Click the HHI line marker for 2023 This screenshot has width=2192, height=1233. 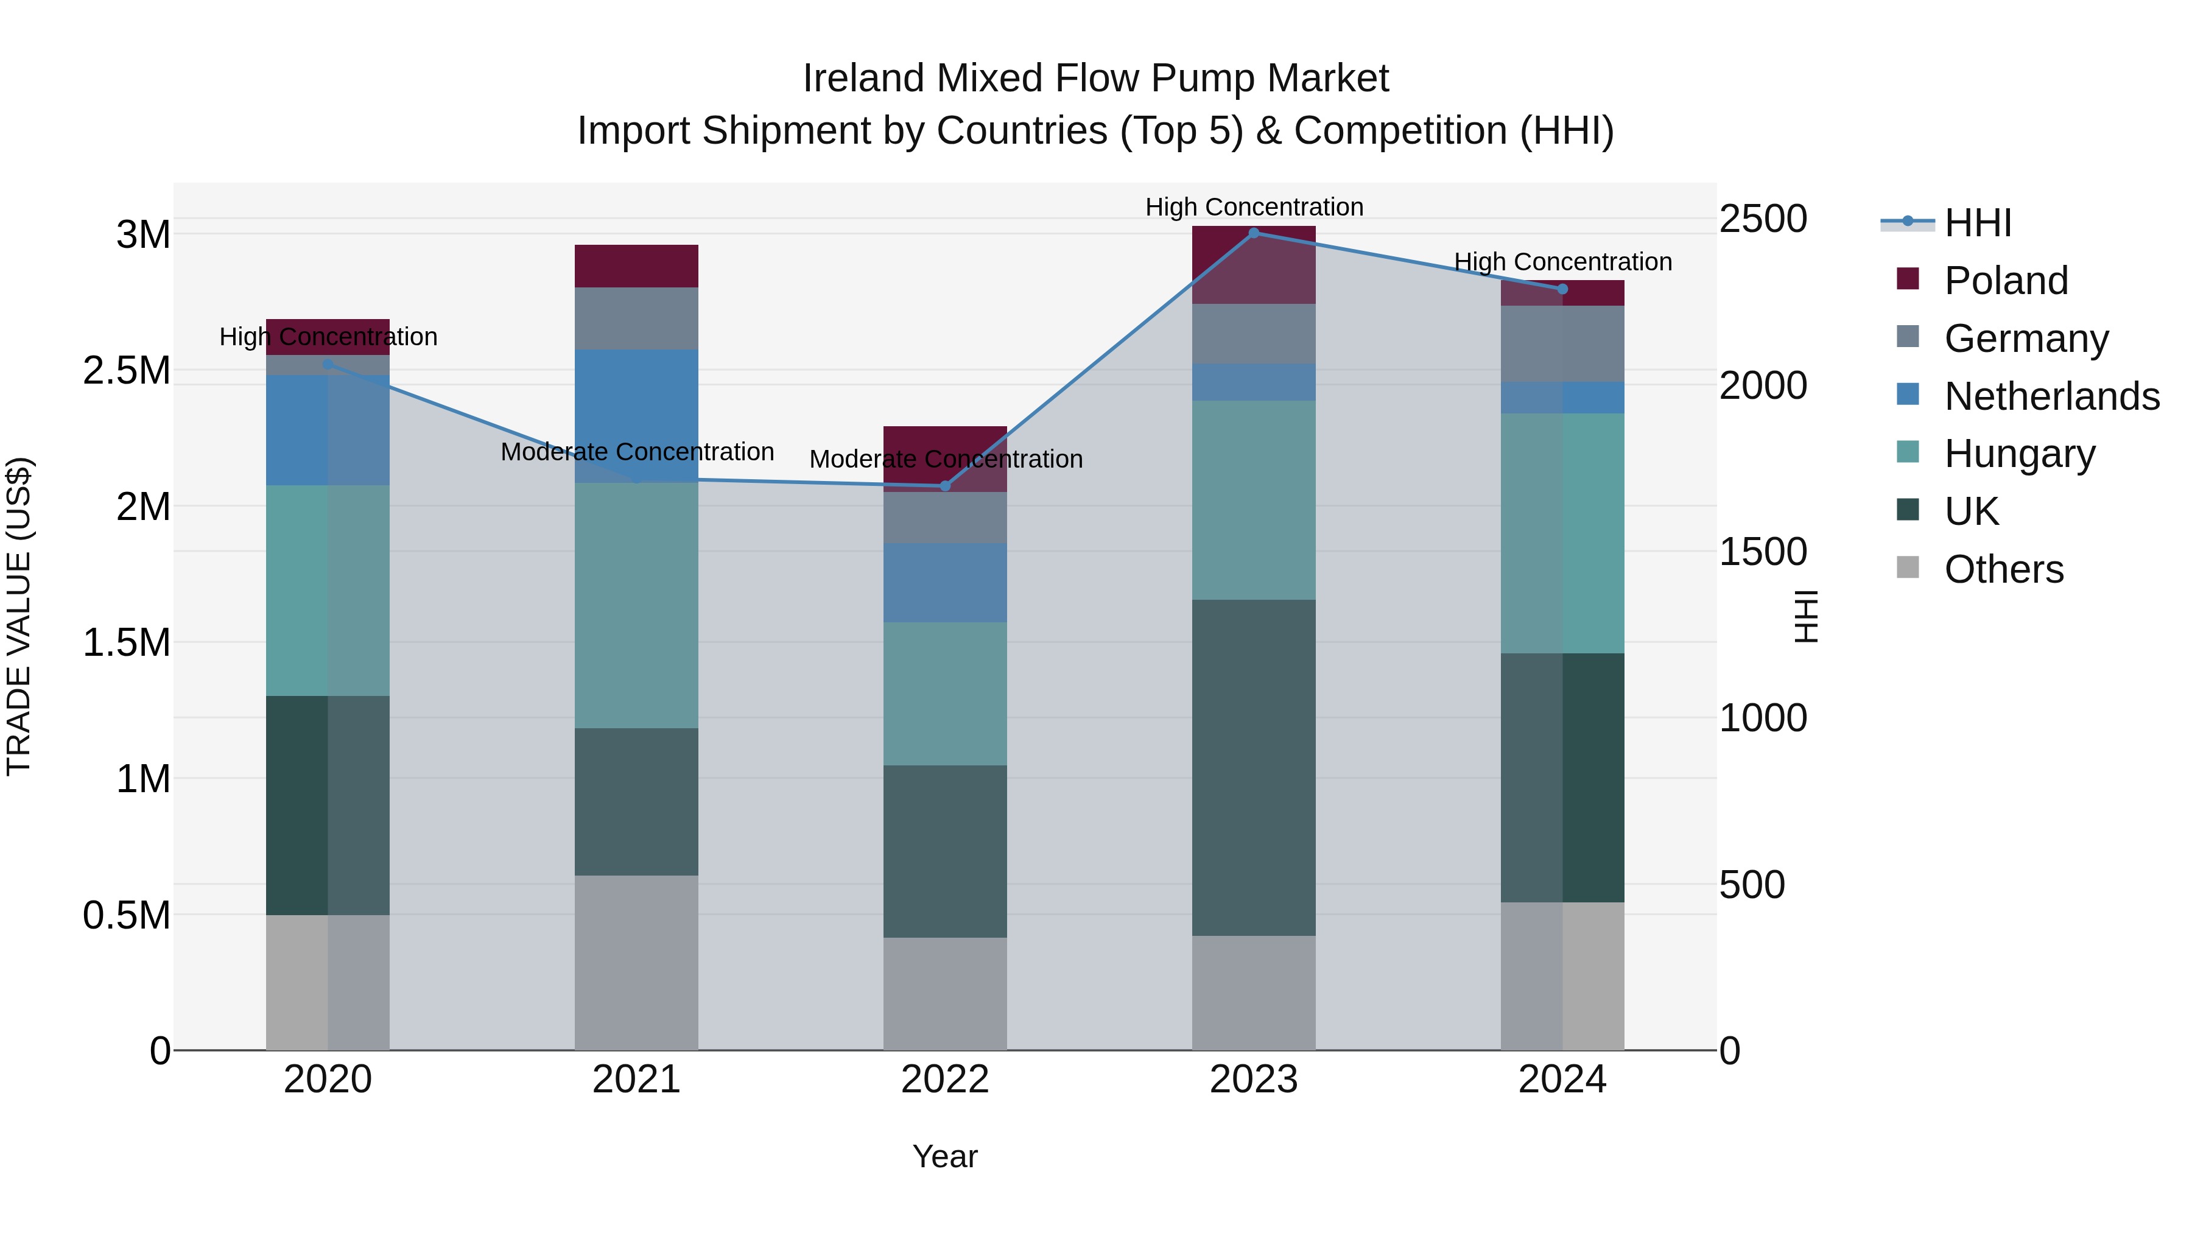click(x=1254, y=233)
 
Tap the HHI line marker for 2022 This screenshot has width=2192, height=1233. click(x=944, y=486)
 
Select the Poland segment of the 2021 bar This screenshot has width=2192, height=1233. click(x=636, y=266)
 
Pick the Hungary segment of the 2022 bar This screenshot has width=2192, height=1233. click(x=944, y=694)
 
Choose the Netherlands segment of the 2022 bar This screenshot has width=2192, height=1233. click(x=944, y=583)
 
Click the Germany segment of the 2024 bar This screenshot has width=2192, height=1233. click(x=1562, y=344)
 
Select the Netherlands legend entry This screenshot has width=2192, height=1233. click(x=2051, y=396)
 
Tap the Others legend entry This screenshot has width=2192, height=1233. click(x=2003, y=569)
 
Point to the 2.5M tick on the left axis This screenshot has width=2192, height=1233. click(x=127, y=371)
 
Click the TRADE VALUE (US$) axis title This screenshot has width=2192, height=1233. click(x=19, y=616)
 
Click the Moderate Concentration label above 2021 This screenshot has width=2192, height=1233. click(x=636, y=452)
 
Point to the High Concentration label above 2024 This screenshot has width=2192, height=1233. click(x=1562, y=262)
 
